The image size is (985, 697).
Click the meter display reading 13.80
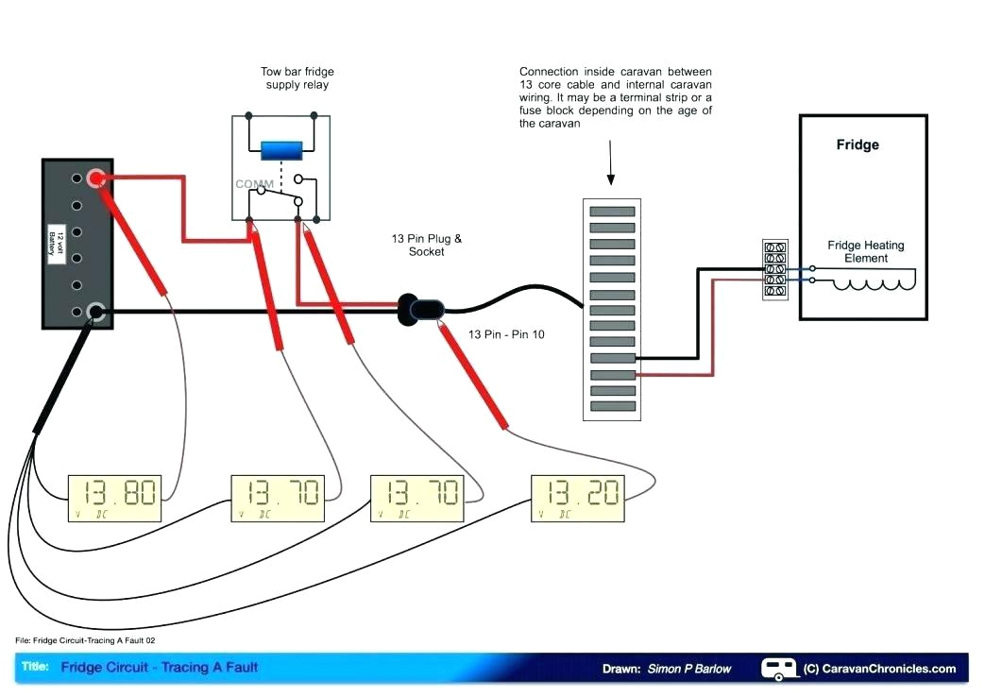point(115,498)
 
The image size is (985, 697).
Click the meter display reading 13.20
point(579,498)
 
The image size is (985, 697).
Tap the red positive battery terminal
point(95,178)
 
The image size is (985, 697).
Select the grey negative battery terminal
point(95,312)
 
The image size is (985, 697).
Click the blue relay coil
point(281,150)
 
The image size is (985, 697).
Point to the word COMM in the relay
point(255,183)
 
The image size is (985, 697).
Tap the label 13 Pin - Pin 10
point(506,334)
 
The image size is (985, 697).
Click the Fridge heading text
point(857,144)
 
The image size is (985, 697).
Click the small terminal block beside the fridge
point(774,271)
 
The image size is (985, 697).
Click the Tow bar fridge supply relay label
point(297,78)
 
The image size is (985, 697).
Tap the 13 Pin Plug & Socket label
point(426,245)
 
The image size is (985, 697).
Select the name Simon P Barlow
point(688,669)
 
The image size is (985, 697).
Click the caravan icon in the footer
point(779,668)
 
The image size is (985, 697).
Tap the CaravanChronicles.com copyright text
point(879,669)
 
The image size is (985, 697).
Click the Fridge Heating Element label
point(865,251)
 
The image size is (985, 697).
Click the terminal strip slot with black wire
point(612,359)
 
